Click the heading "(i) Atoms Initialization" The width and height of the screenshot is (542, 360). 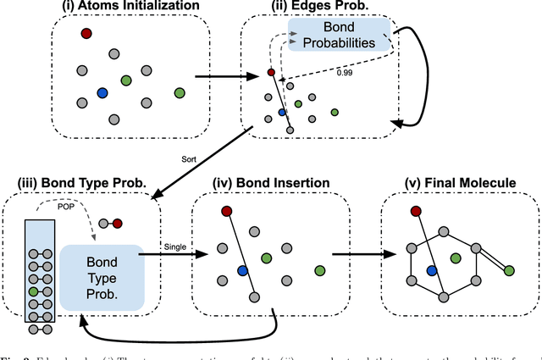128,8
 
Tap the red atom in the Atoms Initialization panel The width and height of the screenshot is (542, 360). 86,33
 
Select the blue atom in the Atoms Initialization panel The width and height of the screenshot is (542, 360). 102,93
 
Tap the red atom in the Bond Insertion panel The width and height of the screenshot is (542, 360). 226,211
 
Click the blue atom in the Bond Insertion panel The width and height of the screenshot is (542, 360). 242,271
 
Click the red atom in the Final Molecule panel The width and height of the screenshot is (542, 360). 415,211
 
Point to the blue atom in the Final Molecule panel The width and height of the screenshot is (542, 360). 431,271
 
